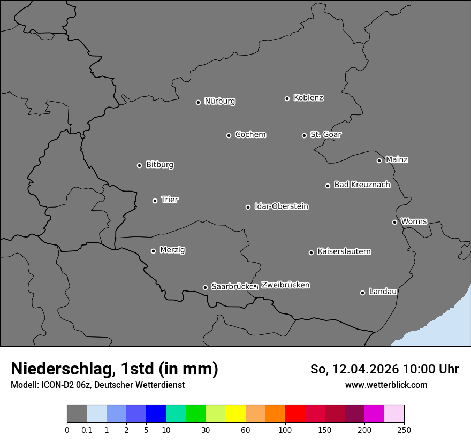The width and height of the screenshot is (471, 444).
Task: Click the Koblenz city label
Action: [308, 98]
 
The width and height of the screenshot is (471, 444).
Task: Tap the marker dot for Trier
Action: [155, 201]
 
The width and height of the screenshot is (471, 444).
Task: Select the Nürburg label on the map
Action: [219, 101]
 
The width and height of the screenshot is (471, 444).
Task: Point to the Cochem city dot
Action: [229, 135]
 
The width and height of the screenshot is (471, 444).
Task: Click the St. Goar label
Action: [325, 134]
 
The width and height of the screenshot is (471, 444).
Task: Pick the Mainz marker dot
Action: [379, 160]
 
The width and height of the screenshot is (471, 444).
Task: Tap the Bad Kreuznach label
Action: [362, 185]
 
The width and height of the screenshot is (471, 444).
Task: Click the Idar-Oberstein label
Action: [281, 206]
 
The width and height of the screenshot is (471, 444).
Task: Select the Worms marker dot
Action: [394, 222]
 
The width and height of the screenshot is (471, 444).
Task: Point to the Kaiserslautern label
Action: [344, 251]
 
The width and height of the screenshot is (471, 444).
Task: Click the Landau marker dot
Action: [362, 293]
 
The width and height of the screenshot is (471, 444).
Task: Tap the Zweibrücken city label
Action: [285, 285]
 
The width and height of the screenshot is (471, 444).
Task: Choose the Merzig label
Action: [172, 250]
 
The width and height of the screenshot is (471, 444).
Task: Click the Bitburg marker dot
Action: [139, 165]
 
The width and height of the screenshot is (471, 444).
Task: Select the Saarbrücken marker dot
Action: [205, 287]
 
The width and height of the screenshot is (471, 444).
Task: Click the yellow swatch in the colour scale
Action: [236, 414]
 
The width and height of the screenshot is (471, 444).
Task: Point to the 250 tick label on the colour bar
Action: [404, 430]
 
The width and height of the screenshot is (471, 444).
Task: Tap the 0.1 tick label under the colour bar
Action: [87, 430]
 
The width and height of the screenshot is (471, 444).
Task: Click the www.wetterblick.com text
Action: [386, 385]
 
